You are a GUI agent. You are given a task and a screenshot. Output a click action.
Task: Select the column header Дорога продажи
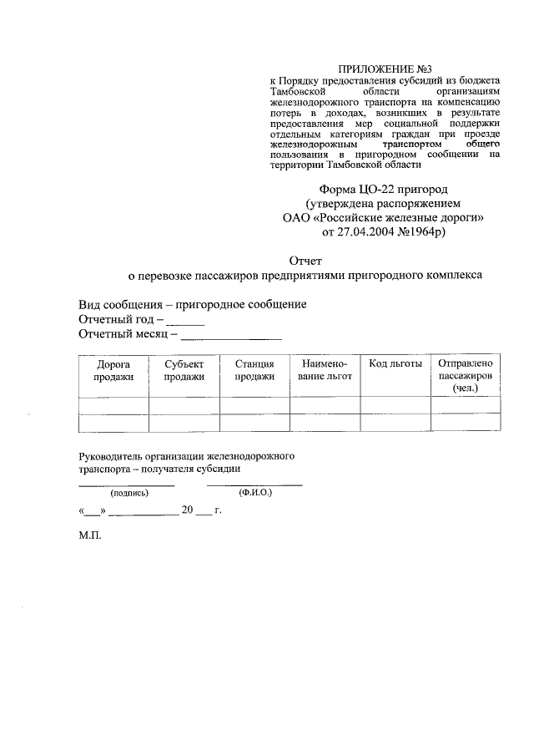coord(113,370)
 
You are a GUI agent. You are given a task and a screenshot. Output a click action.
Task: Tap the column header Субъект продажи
coord(184,370)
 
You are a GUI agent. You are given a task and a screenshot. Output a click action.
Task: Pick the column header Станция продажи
coord(254,370)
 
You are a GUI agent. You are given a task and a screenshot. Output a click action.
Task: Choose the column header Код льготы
coord(395,364)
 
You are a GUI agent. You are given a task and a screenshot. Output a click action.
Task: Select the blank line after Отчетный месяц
coord(231,338)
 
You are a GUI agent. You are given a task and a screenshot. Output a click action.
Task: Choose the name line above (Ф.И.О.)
coord(254,484)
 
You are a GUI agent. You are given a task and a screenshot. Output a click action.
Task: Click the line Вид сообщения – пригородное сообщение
coord(193,304)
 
